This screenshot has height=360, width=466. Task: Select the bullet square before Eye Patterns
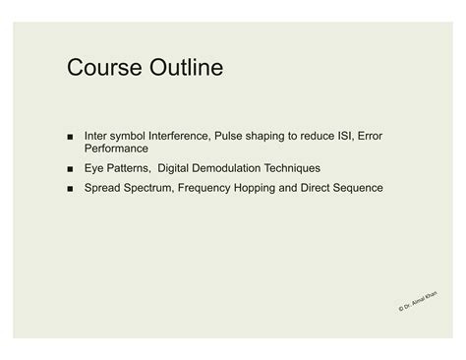click(x=72, y=169)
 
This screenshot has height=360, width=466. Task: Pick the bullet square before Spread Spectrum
click(x=72, y=188)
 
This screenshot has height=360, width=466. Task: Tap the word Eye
click(x=96, y=168)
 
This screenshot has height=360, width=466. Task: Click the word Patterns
click(x=131, y=168)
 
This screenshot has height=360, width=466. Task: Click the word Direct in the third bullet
click(x=315, y=187)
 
